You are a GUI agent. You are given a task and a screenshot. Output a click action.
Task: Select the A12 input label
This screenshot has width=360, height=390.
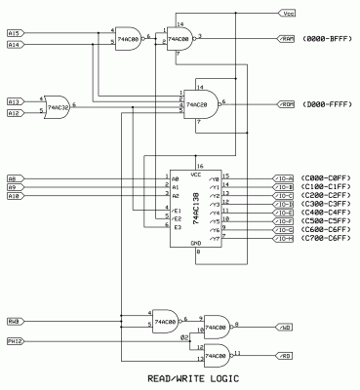pyautogui.click(x=14, y=113)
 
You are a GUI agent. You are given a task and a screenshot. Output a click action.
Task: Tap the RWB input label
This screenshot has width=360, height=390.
pyautogui.click(x=14, y=320)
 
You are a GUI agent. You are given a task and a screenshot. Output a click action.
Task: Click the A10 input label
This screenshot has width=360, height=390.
pyautogui.click(x=14, y=196)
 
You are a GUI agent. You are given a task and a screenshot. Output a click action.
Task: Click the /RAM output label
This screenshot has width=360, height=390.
pyautogui.click(x=288, y=39)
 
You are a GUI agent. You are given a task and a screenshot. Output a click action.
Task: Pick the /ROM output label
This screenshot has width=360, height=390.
pyautogui.click(x=288, y=102)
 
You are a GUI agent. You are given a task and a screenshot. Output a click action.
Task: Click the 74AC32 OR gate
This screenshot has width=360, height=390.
pyautogui.click(x=58, y=105)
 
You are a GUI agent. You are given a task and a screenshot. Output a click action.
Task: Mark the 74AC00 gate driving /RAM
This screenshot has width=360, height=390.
pyautogui.click(x=178, y=39)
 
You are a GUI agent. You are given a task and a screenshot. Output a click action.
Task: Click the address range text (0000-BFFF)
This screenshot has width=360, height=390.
pyautogui.click(x=327, y=39)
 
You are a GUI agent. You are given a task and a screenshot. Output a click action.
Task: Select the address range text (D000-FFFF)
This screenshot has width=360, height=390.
pyautogui.click(x=327, y=102)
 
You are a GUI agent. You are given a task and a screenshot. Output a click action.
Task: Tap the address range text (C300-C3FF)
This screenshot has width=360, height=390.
pyautogui.click(x=327, y=203)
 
